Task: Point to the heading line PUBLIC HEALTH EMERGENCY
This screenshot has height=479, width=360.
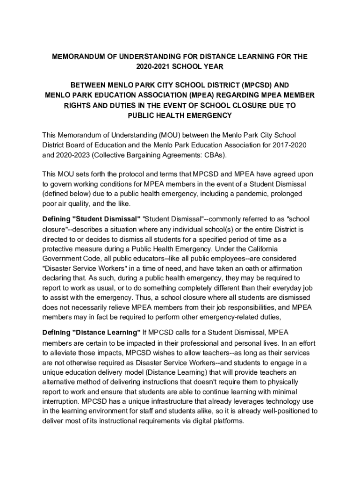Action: [x=180, y=115]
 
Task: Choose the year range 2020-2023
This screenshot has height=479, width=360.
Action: [x=73, y=155]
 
